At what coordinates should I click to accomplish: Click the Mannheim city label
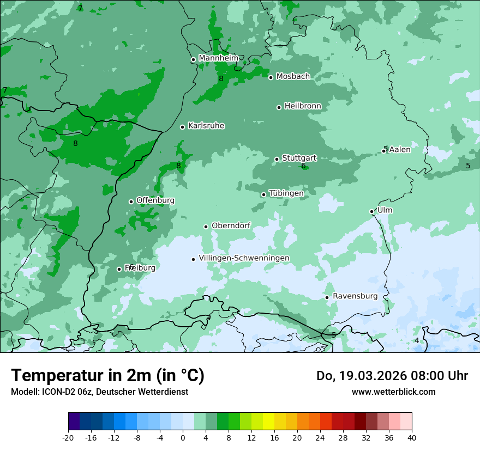218,58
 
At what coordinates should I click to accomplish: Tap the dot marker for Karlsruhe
182,127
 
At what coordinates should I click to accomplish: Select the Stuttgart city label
299,158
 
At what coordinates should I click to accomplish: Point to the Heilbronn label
303,106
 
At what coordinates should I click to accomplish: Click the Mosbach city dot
271,77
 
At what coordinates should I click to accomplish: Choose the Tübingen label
286,193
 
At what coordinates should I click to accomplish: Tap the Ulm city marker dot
371,211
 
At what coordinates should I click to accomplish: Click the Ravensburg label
355,296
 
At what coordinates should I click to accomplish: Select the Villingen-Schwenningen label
244,258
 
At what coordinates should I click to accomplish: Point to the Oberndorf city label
231,225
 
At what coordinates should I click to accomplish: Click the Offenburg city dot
131,201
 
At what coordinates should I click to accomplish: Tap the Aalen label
400,149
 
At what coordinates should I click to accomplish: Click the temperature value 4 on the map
417,340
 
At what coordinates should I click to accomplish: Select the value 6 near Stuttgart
303,166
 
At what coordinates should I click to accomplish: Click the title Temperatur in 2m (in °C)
107,375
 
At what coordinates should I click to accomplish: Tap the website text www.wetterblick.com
393,392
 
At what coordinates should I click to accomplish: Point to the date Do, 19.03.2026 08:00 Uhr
392,376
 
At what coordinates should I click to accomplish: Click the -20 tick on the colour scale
68,437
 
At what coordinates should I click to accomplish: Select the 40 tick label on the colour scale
411,437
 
